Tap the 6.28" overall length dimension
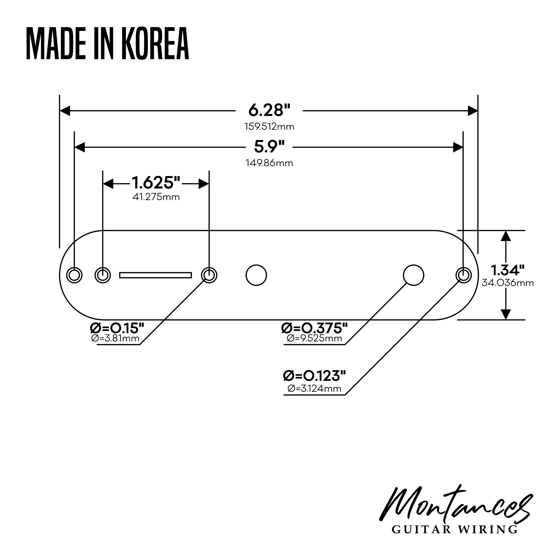click(x=269, y=110)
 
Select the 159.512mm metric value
click(x=269, y=127)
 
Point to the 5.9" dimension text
click(x=269, y=147)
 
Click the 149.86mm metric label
click(x=269, y=163)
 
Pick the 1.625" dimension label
click(x=156, y=183)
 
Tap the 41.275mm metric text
click(x=156, y=197)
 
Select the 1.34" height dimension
click(x=507, y=270)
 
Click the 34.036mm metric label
click(x=508, y=283)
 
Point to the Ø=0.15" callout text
click(x=117, y=328)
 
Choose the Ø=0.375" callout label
click(x=314, y=328)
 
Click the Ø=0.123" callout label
click(x=314, y=376)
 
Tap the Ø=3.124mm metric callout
click(x=314, y=389)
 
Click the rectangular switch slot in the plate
click(x=156, y=275)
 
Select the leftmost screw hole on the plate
click(x=74, y=275)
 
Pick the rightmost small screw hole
click(x=463, y=275)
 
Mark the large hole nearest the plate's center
click(x=256, y=275)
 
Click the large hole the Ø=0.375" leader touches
click(x=413, y=275)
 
